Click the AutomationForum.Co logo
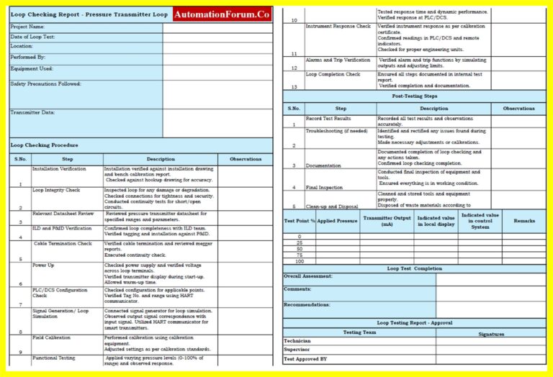[x=222, y=14]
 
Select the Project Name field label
[x=27, y=27]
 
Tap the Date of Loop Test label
[x=32, y=37]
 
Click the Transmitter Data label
[x=32, y=112]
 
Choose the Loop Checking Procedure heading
[x=44, y=145]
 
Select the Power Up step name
[x=42, y=265]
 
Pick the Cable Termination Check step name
[x=63, y=243]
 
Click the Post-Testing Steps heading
[x=414, y=96]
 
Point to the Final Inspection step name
[x=324, y=186]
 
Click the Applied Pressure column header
[x=337, y=221]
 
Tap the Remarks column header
[x=523, y=221]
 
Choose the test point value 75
[x=299, y=255]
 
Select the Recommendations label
[x=307, y=304]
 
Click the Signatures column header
[x=491, y=334]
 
